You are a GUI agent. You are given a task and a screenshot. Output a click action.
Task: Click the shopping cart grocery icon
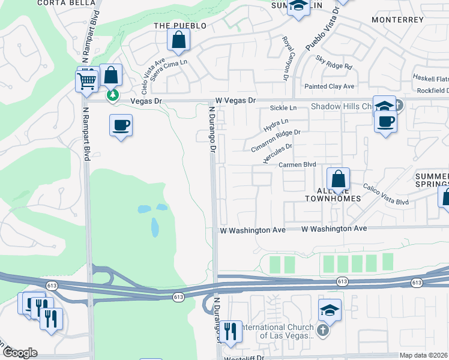pos(87,80)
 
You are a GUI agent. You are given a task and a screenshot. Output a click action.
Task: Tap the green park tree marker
pos(112,95)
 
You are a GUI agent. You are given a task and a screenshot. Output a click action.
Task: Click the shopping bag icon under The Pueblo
pos(179,40)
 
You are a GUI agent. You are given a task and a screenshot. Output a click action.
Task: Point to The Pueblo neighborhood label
pos(180,26)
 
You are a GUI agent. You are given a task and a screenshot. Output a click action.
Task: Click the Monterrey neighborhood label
pos(397,20)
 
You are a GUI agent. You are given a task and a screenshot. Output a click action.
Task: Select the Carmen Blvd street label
pos(297,164)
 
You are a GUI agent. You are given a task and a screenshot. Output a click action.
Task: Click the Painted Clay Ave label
pos(330,86)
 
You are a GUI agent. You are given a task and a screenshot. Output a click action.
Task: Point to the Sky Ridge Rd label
pos(334,62)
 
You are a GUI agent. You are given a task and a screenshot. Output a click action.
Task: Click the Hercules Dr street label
pos(277,154)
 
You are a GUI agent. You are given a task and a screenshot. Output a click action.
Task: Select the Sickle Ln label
pos(283,108)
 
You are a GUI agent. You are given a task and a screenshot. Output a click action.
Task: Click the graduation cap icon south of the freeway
pos(330,310)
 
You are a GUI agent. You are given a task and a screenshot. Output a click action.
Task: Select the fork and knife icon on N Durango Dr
pos(230,331)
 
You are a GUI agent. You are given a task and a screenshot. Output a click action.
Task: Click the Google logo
pos(19,353)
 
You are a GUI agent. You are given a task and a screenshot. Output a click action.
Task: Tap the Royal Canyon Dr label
pos(286,58)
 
